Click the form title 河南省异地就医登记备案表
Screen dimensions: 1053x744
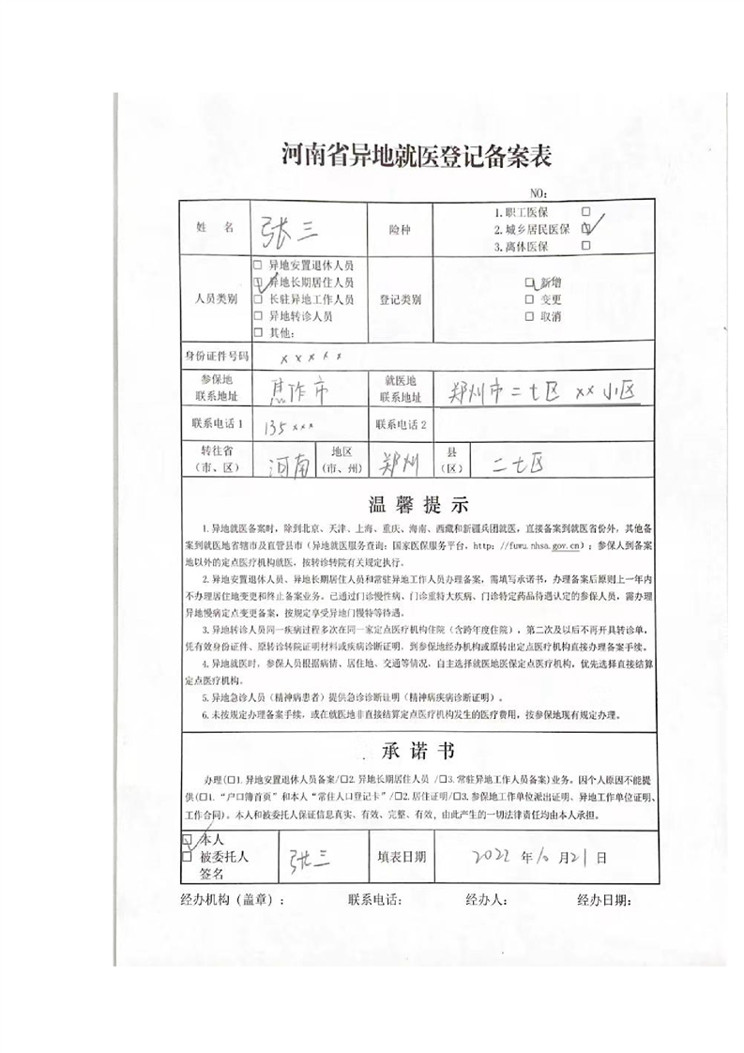click(x=416, y=156)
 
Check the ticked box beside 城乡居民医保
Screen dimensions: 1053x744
click(x=586, y=228)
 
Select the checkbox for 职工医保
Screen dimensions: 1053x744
click(x=586, y=212)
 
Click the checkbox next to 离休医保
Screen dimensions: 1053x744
click(x=586, y=246)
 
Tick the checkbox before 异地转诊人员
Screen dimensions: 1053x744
click(x=257, y=316)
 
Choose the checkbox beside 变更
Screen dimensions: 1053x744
click(x=530, y=299)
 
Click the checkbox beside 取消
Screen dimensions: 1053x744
click(x=530, y=316)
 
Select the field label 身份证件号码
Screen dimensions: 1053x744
click(x=217, y=358)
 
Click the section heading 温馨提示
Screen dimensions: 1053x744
click(x=417, y=503)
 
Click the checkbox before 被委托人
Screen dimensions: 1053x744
click(x=187, y=856)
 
